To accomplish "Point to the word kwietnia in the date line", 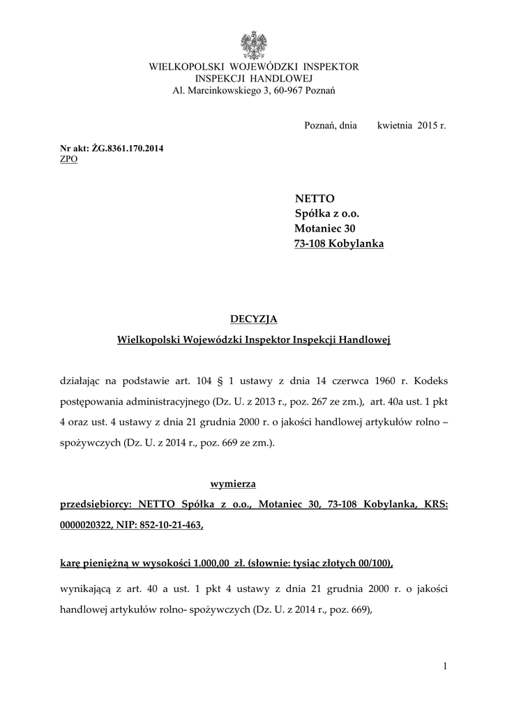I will click(x=395, y=126).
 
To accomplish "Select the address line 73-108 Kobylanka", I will click(x=339, y=243).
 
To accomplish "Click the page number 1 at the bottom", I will click(x=444, y=667).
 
